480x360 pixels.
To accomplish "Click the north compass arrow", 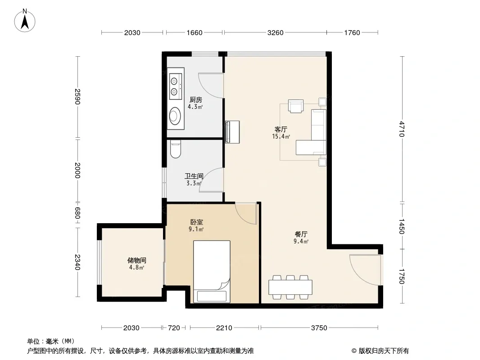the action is (25, 22).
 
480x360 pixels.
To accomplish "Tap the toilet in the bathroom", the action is (176, 149).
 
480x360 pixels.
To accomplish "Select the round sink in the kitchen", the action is (175, 116).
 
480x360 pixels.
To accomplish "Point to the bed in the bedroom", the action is (212, 271).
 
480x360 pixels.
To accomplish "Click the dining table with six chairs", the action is (290, 287).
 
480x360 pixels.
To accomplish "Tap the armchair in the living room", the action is (296, 106).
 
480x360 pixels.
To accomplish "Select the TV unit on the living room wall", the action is (232, 132).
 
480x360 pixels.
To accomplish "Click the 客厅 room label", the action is (281, 130).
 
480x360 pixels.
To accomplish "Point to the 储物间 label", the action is (136, 260).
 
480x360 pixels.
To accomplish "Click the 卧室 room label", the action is (196, 222).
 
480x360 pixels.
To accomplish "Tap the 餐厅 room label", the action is (301, 234).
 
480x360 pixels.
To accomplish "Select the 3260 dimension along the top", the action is (276, 33).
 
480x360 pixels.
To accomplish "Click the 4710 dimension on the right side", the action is (402, 129).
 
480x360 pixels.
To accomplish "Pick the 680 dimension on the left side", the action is (77, 213).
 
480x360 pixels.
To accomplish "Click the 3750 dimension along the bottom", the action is (319, 328).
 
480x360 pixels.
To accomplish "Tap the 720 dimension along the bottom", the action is (174, 328).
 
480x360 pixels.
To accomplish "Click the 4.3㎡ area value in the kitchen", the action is (195, 107).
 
